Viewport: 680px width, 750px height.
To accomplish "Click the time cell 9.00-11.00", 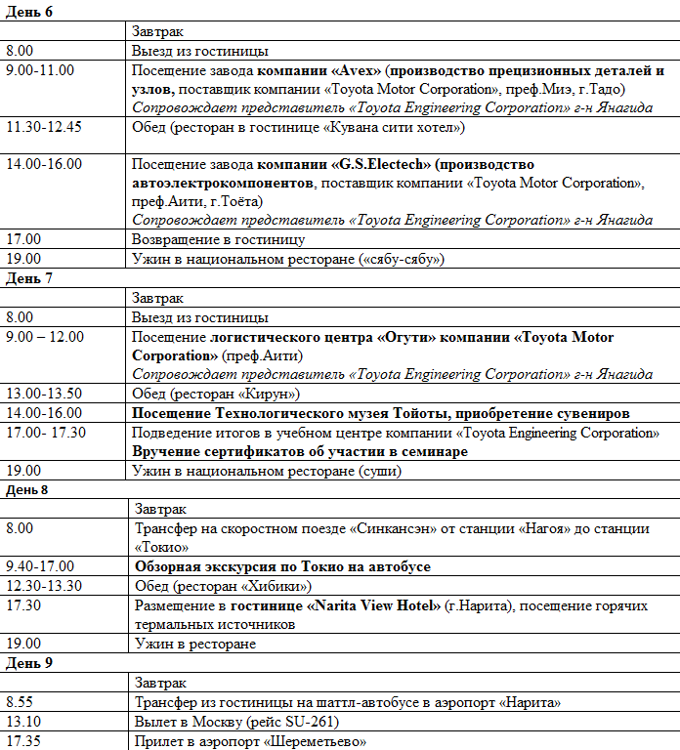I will [40, 70].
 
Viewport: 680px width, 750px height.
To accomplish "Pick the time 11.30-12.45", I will [44, 127].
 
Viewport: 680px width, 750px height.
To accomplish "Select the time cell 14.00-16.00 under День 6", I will [44, 164].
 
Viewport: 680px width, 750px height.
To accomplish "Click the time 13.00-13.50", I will [44, 394].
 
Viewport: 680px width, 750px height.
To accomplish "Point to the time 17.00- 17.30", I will [46, 433].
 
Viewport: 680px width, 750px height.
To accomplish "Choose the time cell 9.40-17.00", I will [40, 566].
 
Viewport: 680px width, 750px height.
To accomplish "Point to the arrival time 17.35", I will [23, 741].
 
